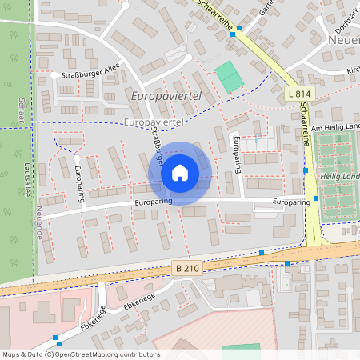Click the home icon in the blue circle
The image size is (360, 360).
point(179,173)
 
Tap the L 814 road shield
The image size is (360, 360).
point(298,94)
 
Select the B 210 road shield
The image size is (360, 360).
point(184,270)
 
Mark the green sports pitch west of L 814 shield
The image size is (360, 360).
point(229,75)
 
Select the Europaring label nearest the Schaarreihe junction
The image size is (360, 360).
point(290,202)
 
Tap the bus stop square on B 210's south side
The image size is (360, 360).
point(286,262)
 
